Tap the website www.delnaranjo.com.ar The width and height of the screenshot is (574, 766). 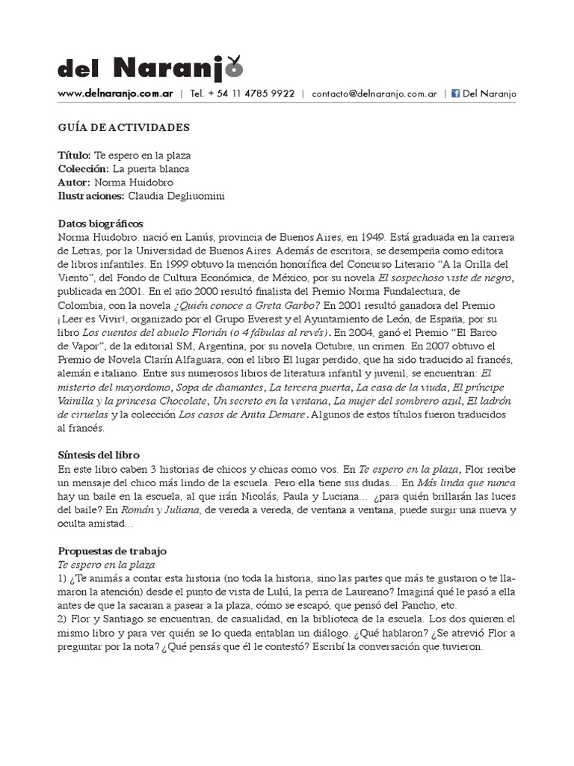pyautogui.click(x=116, y=94)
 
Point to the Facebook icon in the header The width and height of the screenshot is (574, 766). pyautogui.click(x=455, y=94)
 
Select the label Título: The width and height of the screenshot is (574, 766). pyautogui.click(x=75, y=155)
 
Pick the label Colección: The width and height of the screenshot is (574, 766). pyautogui.click(x=83, y=168)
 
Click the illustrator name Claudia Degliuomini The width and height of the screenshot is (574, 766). pyautogui.click(x=176, y=196)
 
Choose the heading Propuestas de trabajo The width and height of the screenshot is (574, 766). pyautogui.click(x=112, y=551)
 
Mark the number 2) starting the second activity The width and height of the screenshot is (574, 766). pyautogui.click(x=64, y=619)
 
